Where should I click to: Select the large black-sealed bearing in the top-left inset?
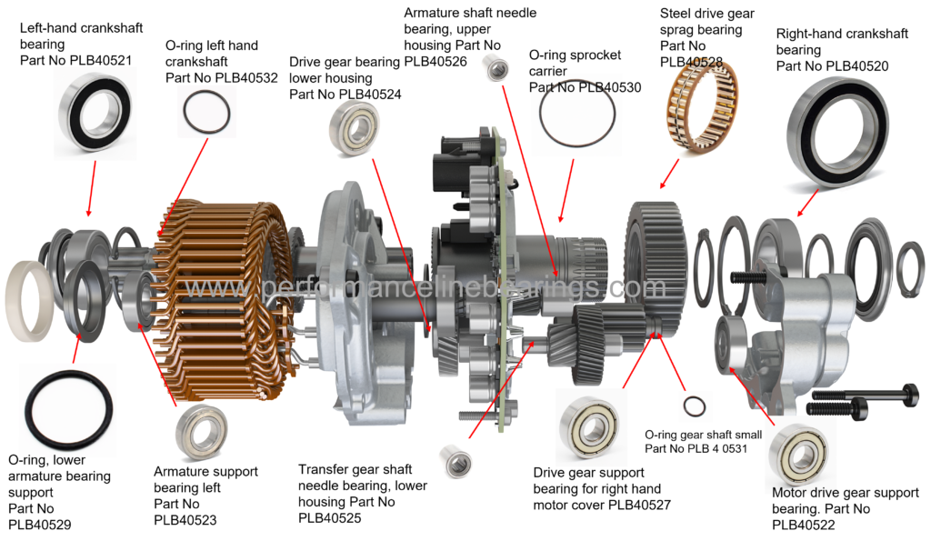click(95, 112)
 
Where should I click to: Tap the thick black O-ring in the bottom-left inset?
click(69, 410)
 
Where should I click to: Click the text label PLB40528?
click(691, 62)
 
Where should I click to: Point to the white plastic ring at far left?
click(28, 299)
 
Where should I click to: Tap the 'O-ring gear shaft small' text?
click(703, 435)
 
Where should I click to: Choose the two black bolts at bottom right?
click(859, 401)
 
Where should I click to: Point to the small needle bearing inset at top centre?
click(496, 66)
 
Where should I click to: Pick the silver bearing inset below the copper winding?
click(202, 432)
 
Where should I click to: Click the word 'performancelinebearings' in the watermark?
click(427, 288)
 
